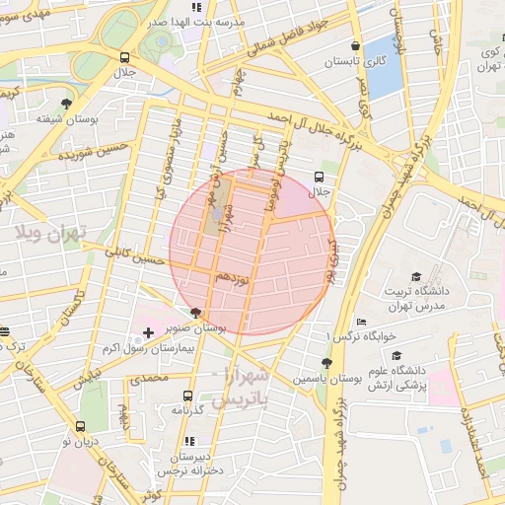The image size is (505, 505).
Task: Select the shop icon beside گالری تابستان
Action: point(355,44)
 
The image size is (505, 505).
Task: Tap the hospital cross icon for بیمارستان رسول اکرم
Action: point(148,333)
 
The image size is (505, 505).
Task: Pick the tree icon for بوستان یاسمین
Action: point(326,362)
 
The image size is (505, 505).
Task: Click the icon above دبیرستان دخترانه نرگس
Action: point(189,441)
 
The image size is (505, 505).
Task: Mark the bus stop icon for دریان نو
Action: point(80,426)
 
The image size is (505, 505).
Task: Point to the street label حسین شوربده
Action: point(95,153)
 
